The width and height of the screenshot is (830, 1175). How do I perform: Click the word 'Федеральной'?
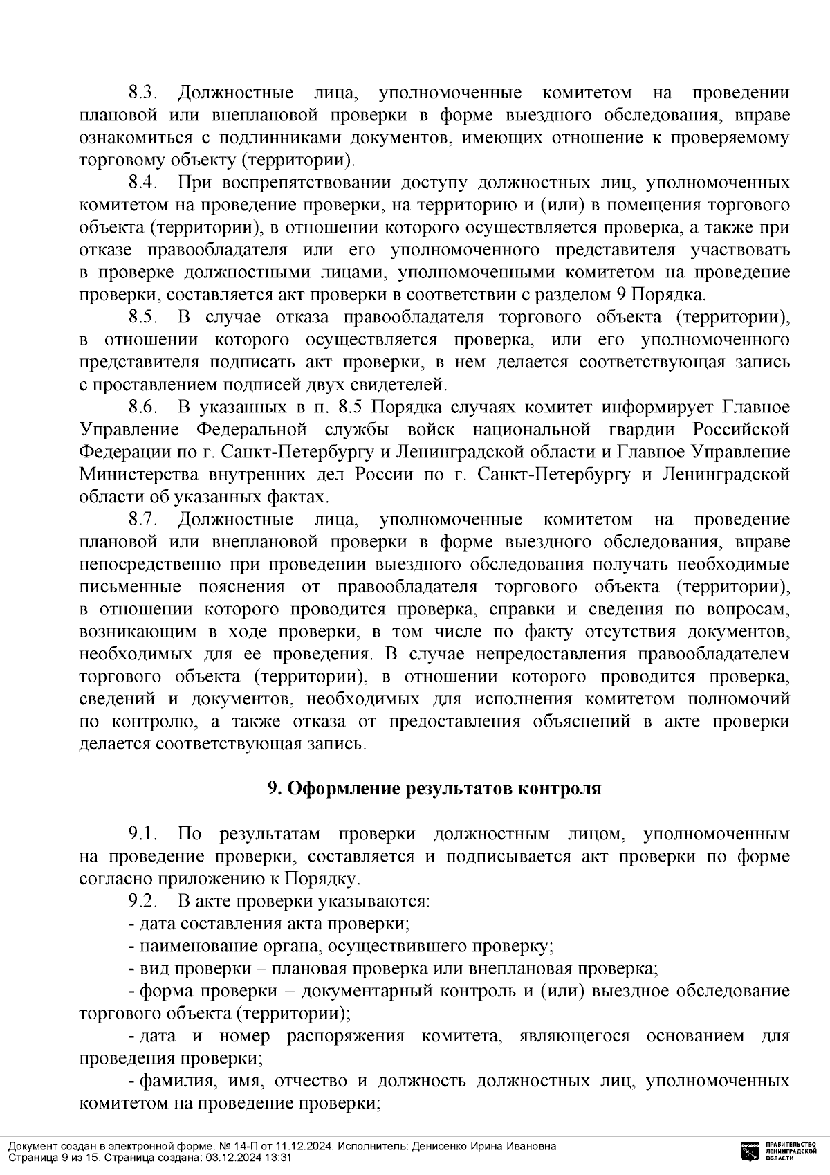251,430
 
